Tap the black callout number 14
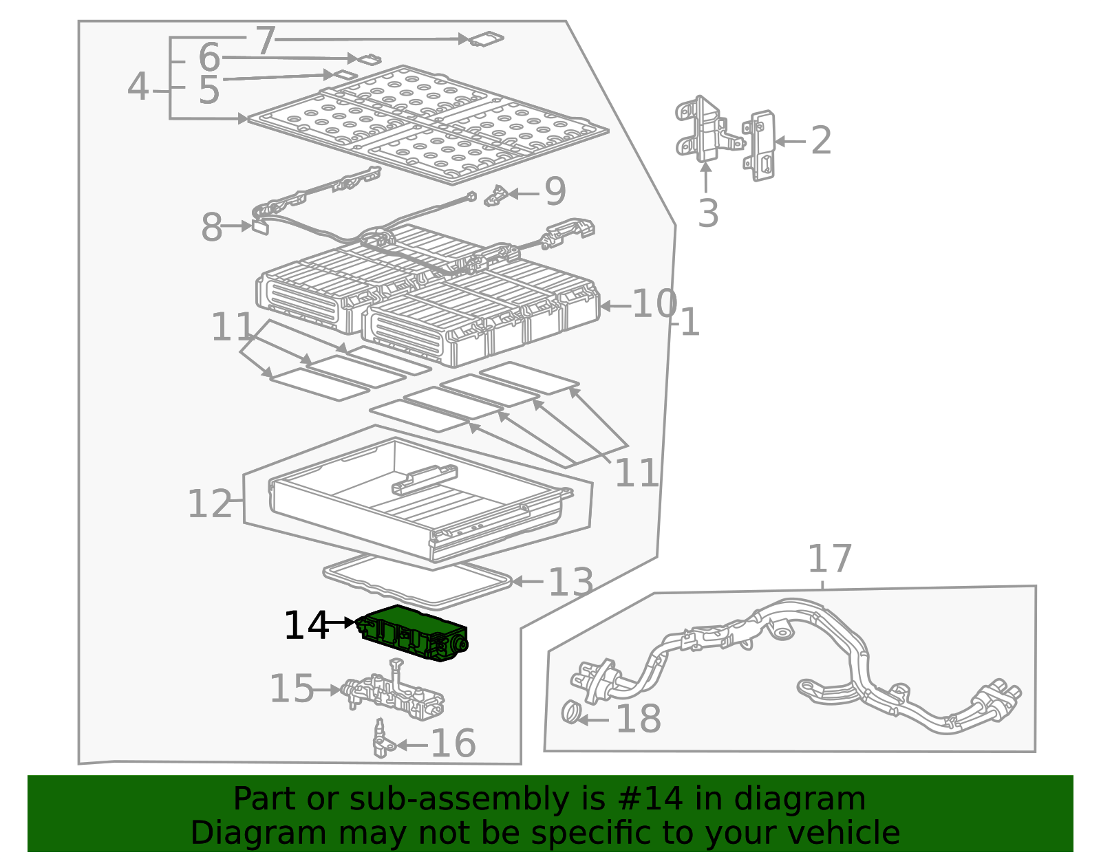point(306,626)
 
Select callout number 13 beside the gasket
point(570,583)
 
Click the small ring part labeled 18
point(571,712)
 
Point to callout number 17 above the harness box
point(829,558)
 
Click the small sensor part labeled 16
point(381,739)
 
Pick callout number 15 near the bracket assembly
point(292,688)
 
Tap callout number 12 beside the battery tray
point(210,504)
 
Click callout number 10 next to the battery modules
point(654,303)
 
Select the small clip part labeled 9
point(495,196)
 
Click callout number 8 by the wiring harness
point(212,227)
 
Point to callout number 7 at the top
point(266,41)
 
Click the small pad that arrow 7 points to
point(486,39)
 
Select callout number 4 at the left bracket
point(138,87)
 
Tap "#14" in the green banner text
point(650,798)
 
